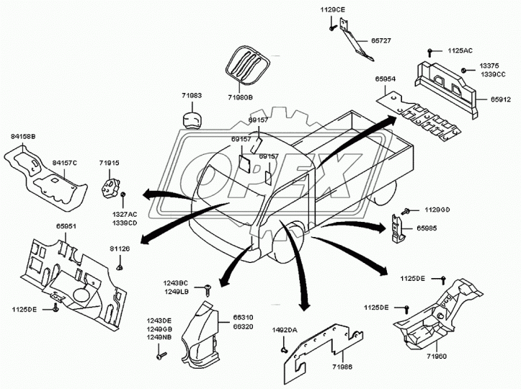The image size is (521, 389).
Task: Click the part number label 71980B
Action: tap(240, 97)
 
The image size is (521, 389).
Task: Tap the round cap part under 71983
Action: tap(192, 120)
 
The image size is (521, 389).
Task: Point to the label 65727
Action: tap(380, 40)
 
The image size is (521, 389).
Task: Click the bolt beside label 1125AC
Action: tap(429, 52)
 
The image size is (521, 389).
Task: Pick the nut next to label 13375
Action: tap(463, 70)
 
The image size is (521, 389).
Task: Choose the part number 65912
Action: tap(501, 99)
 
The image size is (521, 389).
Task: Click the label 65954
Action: tap(385, 79)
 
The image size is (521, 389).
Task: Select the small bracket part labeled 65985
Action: tap(397, 228)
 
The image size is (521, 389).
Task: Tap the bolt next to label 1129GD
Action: tap(406, 211)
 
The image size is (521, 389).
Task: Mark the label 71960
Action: tap(437, 357)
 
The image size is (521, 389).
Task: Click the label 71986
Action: tap(342, 367)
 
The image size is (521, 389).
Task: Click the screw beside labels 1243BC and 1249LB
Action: tap(208, 290)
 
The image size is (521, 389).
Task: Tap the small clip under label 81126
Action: tap(120, 267)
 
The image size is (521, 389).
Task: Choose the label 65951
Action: tap(66, 226)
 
